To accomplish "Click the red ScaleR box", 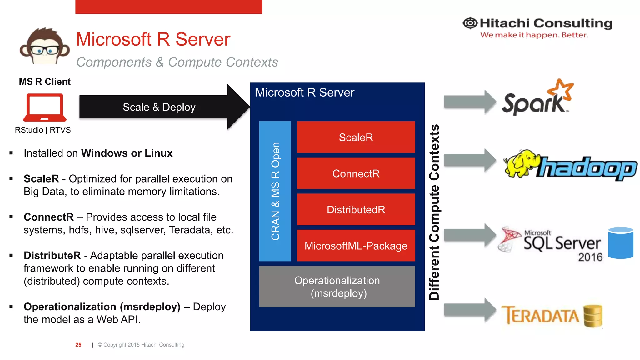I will tap(356, 137).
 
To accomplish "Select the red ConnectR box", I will tap(356, 173).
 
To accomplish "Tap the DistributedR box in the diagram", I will tap(356, 210).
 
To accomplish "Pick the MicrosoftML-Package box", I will tap(356, 246).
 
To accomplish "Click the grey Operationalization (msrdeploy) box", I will tap(337, 287).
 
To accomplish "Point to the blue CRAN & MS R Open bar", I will tap(275, 191).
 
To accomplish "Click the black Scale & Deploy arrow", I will tap(159, 107).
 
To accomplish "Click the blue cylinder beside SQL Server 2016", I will tap(621, 243).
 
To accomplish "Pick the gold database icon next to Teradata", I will tap(593, 316).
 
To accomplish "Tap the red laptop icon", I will tap(45, 107).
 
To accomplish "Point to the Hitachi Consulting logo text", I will tap(545, 23).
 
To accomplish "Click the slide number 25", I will tap(78, 345).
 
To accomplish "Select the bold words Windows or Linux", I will tap(127, 153).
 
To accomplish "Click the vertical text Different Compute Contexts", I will tap(434, 212).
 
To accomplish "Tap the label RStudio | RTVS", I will tap(43, 130).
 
